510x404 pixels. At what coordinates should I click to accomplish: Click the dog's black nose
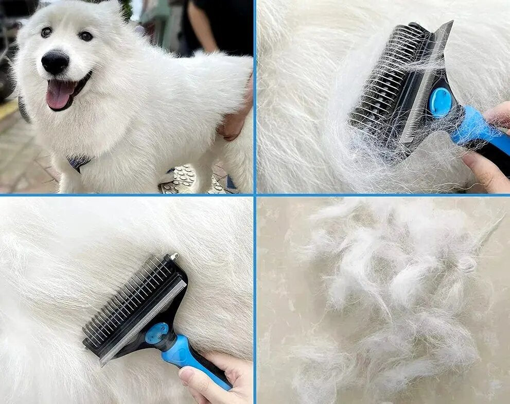click(x=55, y=62)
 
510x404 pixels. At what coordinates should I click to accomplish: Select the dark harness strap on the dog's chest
click(x=78, y=163)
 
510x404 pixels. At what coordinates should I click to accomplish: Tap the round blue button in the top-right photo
click(x=441, y=102)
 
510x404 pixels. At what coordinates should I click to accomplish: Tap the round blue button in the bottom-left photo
click(x=156, y=333)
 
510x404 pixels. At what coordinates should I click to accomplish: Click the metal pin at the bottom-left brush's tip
click(x=173, y=256)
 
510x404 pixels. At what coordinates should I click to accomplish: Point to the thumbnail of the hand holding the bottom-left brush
click(x=187, y=376)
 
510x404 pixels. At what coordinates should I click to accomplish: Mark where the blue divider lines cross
click(x=255, y=195)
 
